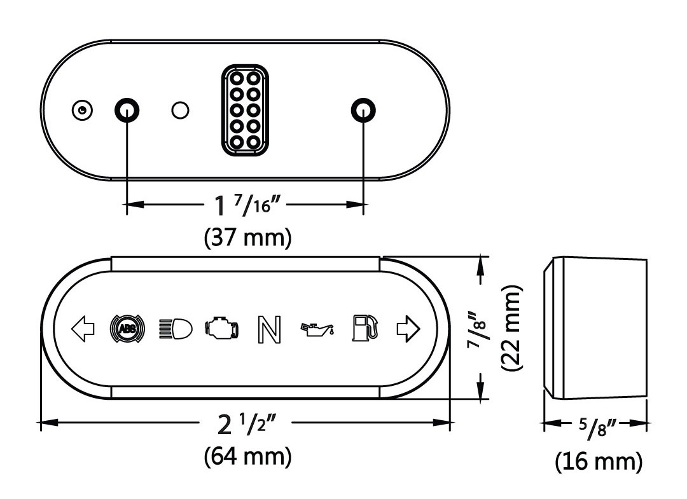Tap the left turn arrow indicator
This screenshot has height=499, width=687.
(x=83, y=329)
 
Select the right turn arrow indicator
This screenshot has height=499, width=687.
(x=408, y=329)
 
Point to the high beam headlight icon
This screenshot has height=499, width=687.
(x=176, y=329)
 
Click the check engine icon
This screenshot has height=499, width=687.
(x=222, y=329)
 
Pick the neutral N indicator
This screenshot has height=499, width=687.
(x=268, y=329)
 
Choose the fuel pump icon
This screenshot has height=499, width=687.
(x=365, y=327)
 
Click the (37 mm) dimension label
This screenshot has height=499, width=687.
(x=248, y=238)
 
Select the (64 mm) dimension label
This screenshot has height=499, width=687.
(x=248, y=456)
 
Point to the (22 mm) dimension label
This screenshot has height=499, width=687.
(x=512, y=328)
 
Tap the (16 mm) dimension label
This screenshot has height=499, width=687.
(x=599, y=461)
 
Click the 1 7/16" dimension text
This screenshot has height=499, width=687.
(x=247, y=205)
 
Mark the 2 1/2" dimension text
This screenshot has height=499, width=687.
(x=247, y=423)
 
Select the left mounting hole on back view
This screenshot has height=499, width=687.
(x=127, y=110)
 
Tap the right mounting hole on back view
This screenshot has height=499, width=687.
(x=363, y=110)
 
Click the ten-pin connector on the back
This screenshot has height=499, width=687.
(x=245, y=110)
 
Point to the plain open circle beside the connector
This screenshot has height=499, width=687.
(x=180, y=111)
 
